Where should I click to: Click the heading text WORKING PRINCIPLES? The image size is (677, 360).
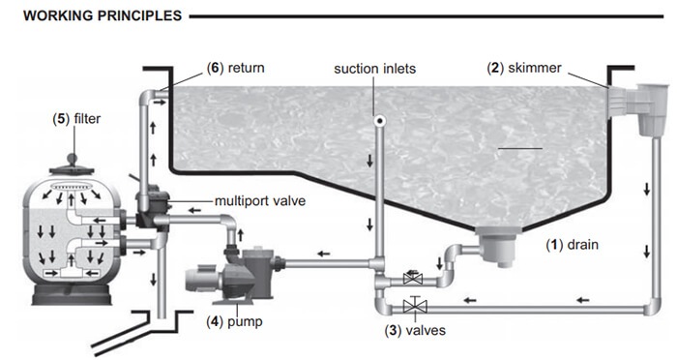[x=103, y=16]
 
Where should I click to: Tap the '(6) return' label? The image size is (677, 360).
[x=235, y=68]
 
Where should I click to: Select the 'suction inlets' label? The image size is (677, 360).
[x=375, y=69]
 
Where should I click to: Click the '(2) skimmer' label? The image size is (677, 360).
[x=524, y=68]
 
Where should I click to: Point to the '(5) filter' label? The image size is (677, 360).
[x=76, y=118]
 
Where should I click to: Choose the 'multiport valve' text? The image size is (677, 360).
[x=260, y=201]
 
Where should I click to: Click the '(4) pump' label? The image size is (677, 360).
[x=234, y=322]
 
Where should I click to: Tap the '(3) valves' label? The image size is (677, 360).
[x=415, y=331]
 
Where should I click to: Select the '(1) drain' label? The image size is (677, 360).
[x=573, y=245]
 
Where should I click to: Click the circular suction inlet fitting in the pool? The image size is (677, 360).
[x=379, y=121]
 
